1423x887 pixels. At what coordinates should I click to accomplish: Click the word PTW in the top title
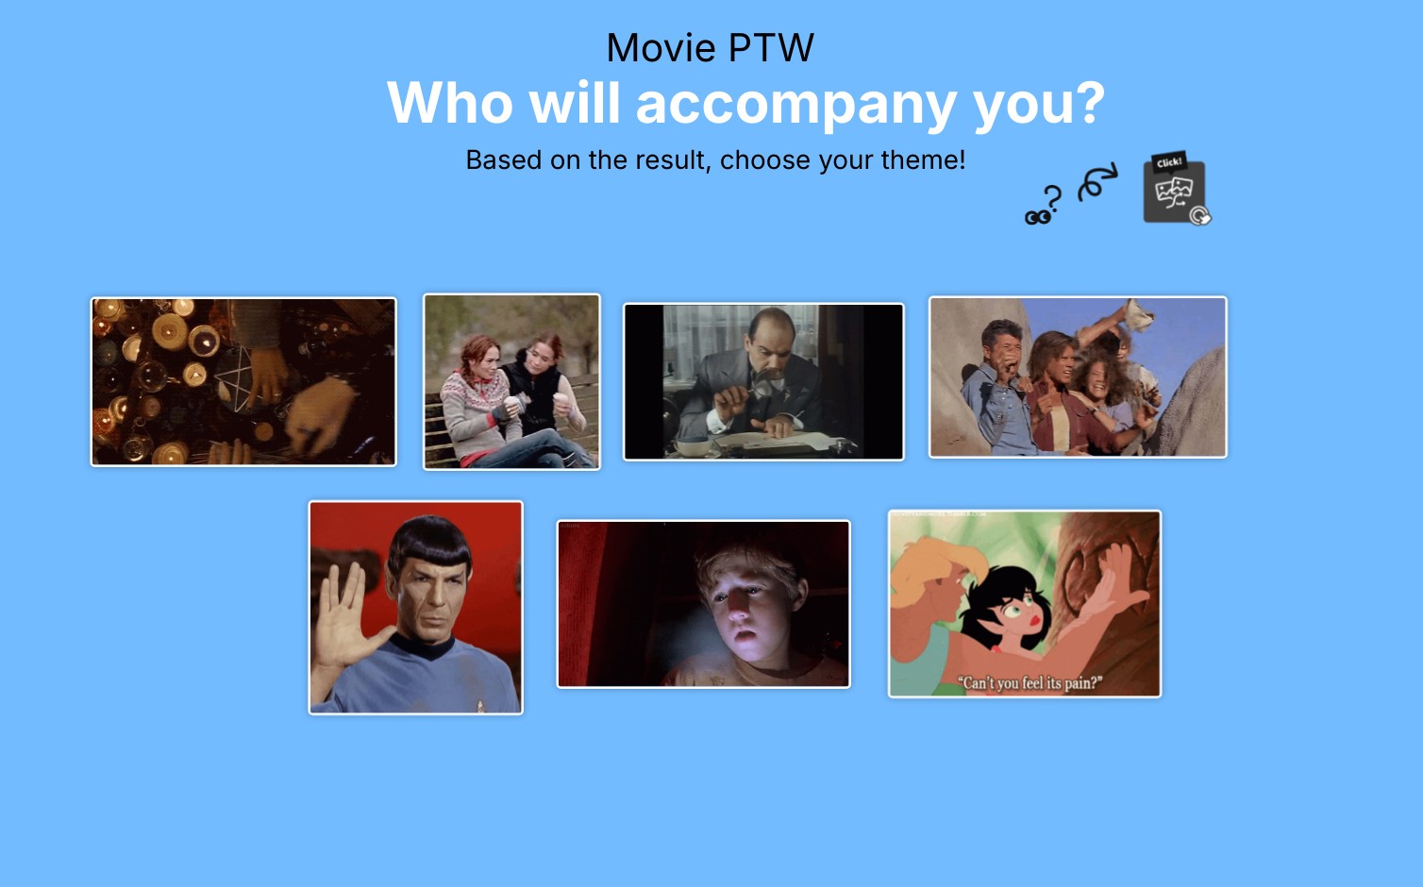click(771, 48)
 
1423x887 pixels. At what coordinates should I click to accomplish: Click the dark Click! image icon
click(1176, 189)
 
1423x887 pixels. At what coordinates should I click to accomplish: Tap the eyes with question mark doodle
click(1043, 205)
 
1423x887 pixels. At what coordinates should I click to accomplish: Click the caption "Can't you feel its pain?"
click(1030, 683)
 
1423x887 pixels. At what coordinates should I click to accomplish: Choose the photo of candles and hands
click(243, 382)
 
